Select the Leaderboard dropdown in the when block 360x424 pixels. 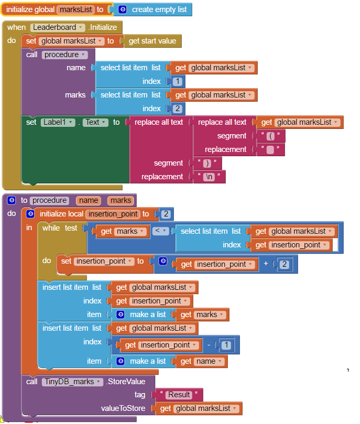click(57, 27)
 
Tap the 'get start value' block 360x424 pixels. click(152, 41)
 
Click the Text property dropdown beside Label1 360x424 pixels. click(95, 122)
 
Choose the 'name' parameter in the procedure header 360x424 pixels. click(89, 200)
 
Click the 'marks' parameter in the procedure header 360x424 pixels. click(121, 200)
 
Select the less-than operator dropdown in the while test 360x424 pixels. click(160, 231)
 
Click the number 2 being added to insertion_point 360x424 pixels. click(283, 264)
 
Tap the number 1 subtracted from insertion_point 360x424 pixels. click(226, 345)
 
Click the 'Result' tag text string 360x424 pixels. click(179, 395)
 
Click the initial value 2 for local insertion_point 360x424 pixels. click(166, 214)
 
